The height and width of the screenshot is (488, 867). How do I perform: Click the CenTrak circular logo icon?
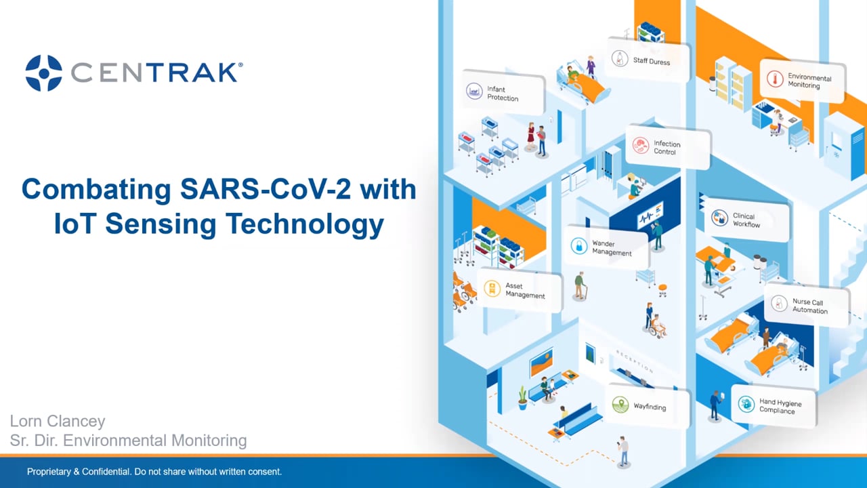pyautogui.click(x=43, y=73)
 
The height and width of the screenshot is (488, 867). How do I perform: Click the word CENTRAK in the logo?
pyautogui.click(x=155, y=73)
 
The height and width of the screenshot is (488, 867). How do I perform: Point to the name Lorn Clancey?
pyautogui.click(x=58, y=421)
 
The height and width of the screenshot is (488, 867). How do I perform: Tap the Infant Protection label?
pyautogui.click(x=503, y=94)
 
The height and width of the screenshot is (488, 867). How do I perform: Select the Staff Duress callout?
pyautogui.click(x=648, y=60)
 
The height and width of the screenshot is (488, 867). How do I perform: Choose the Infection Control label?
pyautogui.click(x=667, y=148)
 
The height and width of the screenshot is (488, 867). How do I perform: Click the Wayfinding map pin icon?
pyautogui.click(x=620, y=405)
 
